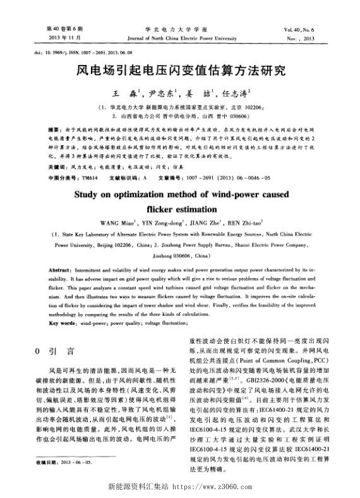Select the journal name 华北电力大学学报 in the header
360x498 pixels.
pos(180,29)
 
